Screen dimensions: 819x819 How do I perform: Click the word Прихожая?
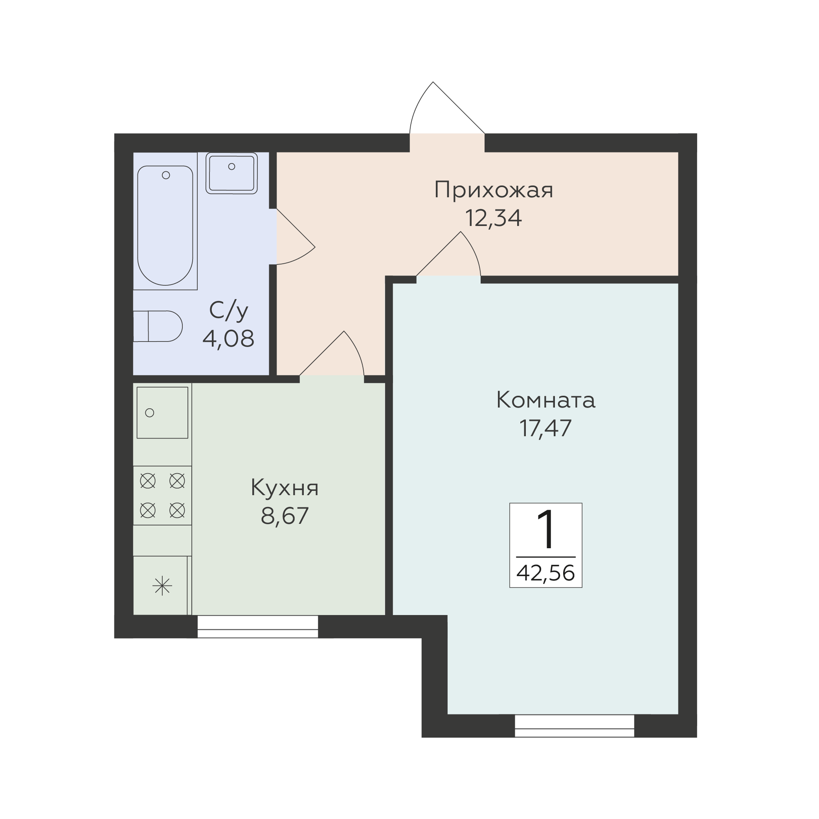pyautogui.click(x=494, y=190)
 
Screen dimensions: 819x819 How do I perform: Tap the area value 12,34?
pyautogui.click(x=494, y=219)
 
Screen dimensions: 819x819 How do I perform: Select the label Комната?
pyautogui.click(x=545, y=400)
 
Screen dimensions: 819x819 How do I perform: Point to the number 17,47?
pyautogui.click(x=545, y=428)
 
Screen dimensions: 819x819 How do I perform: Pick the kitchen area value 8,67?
pyautogui.click(x=285, y=516)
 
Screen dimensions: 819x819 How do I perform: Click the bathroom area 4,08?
pyautogui.click(x=228, y=338)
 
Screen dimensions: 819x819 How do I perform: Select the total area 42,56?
pyautogui.click(x=545, y=573)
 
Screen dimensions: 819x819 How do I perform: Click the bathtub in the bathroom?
pyautogui.click(x=165, y=225)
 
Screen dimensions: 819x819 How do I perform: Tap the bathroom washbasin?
pyautogui.click(x=231, y=173)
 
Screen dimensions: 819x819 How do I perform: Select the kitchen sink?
pyautogui.click(x=162, y=413)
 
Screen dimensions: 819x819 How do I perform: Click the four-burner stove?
pyautogui.click(x=162, y=496)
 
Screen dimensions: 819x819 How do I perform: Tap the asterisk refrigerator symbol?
pyautogui.click(x=162, y=587)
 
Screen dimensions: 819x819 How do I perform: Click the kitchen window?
pyautogui.click(x=258, y=626)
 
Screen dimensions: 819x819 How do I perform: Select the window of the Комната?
pyautogui.click(x=575, y=726)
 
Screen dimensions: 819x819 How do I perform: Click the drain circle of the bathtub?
pyautogui.click(x=166, y=175)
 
